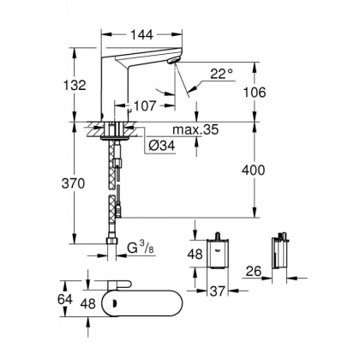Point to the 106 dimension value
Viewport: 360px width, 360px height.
273,93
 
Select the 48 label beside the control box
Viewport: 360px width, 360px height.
195,254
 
